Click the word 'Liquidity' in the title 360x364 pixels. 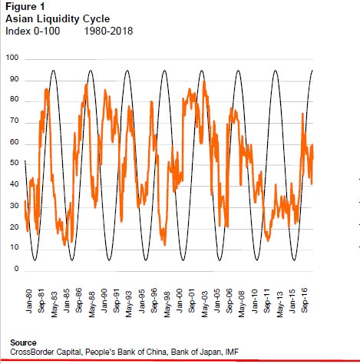[57, 18]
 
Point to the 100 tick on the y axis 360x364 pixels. [12, 59]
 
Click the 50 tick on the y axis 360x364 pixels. [13, 164]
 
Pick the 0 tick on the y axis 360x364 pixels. [15, 269]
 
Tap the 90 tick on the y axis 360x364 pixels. [13, 80]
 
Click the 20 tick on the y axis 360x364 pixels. [13, 227]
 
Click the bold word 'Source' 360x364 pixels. [24, 342]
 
